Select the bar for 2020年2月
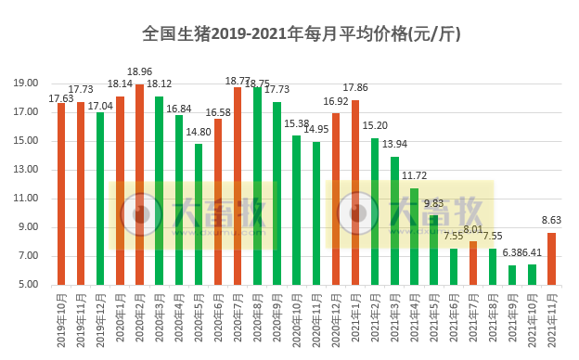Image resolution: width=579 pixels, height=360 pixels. click(x=139, y=185)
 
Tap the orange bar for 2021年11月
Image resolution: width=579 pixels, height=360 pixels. click(x=551, y=259)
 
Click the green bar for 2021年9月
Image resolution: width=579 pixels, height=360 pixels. click(x=512, y=275)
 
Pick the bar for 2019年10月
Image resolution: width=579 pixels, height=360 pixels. click(x=61, y=194)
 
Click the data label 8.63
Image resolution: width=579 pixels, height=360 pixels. click(x=551, y=221)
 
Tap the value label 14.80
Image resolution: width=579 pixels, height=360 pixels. click(x=199, y=132)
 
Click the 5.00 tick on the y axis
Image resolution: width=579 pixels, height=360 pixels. click(x=28, y=285)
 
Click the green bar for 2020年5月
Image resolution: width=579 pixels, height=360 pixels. click(x=199, y=214)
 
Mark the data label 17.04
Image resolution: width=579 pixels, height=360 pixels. click(x=100, y=106)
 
